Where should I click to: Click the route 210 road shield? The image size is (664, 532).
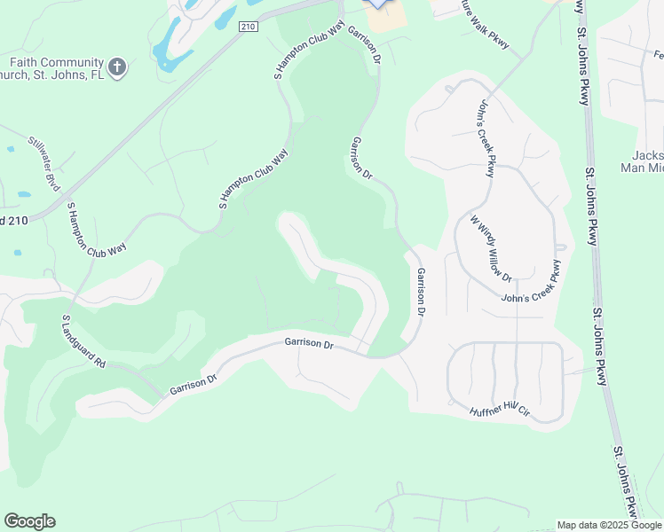[248, 27]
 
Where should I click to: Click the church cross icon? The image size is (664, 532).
[117, 66]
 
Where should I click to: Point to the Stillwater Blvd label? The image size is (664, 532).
[43, 163]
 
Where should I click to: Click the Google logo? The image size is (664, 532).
[29, 521]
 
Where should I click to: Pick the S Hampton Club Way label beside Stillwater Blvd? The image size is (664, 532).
[97, 230]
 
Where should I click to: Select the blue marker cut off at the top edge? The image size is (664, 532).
[379, 4]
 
